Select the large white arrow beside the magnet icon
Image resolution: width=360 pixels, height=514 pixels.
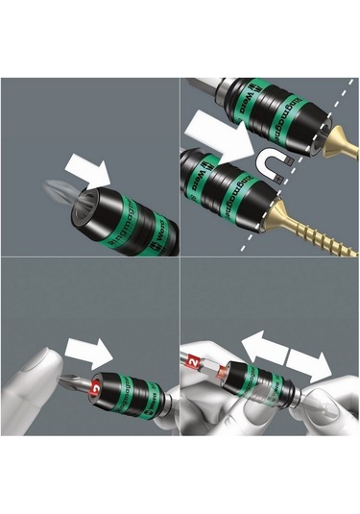point(217,135)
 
